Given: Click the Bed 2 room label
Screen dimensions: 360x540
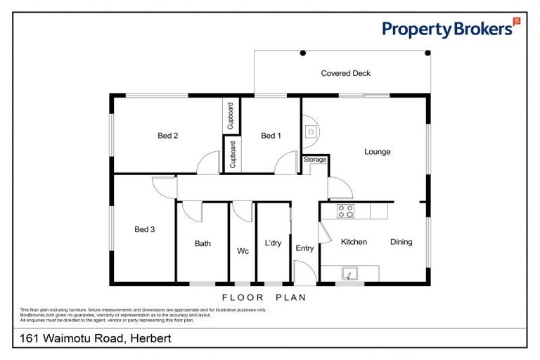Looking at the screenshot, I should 167,136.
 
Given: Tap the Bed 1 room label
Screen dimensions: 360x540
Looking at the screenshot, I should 271,136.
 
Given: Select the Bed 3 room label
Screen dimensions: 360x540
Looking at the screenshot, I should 145,229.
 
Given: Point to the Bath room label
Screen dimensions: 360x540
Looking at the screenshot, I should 202,244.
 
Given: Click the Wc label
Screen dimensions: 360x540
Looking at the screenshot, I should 243,250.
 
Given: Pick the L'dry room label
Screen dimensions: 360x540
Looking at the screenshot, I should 273,243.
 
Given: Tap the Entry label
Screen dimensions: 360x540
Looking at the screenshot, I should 304,248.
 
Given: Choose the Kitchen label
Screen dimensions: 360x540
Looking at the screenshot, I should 354,242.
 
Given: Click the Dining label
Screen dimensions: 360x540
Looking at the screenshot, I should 401,242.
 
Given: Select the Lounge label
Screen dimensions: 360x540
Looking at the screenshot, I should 377,152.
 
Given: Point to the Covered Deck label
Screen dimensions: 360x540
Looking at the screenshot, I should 345,73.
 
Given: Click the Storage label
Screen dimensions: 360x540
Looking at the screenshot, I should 315,160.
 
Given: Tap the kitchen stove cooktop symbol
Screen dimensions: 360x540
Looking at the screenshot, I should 345,210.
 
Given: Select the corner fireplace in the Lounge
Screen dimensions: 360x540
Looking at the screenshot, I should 310,129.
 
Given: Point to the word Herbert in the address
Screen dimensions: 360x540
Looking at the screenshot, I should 149,339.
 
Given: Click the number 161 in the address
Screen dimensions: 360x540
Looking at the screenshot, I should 26,339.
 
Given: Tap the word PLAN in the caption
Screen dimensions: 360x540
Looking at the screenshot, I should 290,297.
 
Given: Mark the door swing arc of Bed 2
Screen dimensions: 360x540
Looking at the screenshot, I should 207,163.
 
